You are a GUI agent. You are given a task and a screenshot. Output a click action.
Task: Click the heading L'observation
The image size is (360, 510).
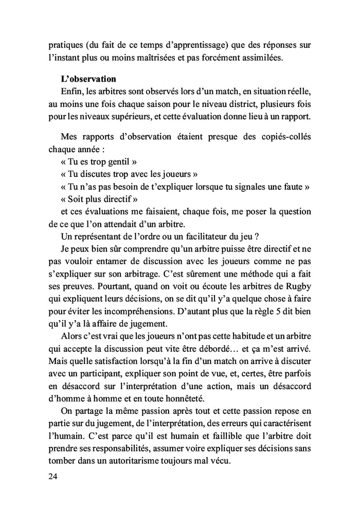(88, 79)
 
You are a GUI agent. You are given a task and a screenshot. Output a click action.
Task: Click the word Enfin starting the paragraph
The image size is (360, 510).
(71, 92)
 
